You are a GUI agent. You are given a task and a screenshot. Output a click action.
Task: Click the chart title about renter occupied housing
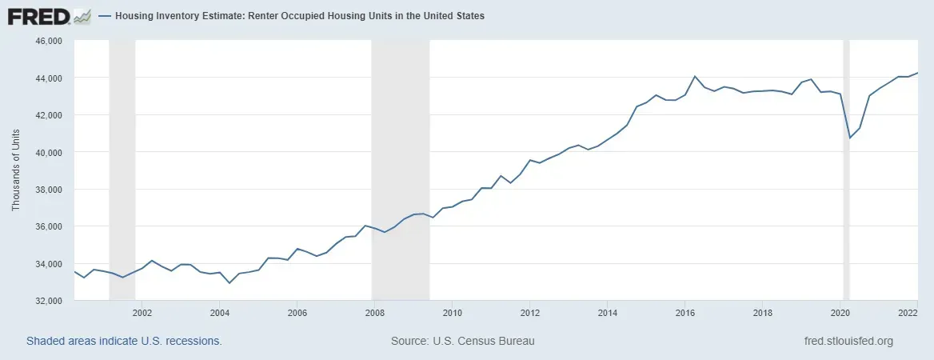pos(300,16)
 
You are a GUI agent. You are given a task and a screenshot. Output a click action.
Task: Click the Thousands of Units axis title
pos(16,170)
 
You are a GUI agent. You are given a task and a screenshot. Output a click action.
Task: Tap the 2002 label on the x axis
pos(142,313)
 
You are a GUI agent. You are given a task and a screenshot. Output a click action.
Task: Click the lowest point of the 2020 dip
pos(849,138)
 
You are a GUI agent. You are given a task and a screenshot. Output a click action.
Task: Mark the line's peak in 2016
pos(695,76)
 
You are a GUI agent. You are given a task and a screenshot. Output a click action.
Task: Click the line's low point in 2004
pos(230,283)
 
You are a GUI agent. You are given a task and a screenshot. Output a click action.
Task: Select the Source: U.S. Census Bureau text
pos(462,342)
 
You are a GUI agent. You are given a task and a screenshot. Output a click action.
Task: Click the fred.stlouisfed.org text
pos(848,342)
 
